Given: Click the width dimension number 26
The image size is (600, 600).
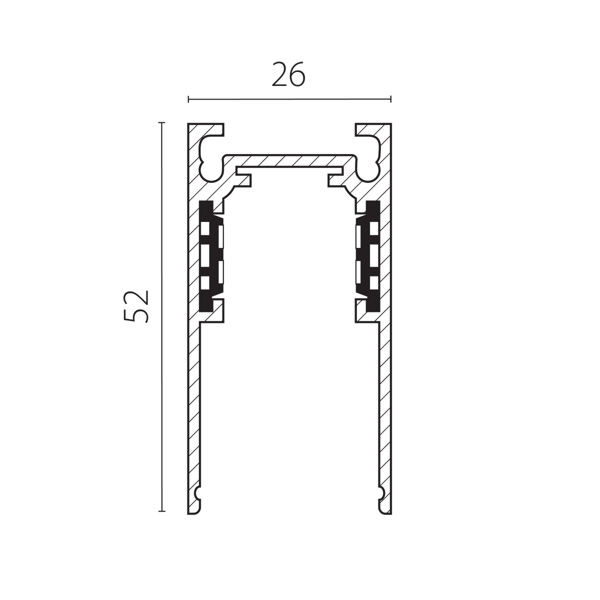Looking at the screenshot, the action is pos(288,74).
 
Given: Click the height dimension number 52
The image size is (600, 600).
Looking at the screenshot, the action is pos(136,306).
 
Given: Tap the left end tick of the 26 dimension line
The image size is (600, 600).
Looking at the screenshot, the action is pos(188,99).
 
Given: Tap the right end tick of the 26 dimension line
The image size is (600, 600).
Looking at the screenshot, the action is pos(390,99).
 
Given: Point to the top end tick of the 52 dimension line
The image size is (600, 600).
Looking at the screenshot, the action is pos(161,122).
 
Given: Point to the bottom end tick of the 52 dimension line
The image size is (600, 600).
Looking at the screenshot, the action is pos(161,511).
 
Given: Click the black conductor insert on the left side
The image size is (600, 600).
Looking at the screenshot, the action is pos(211,256).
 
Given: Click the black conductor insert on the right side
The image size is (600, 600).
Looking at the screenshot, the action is pos(368,256).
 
